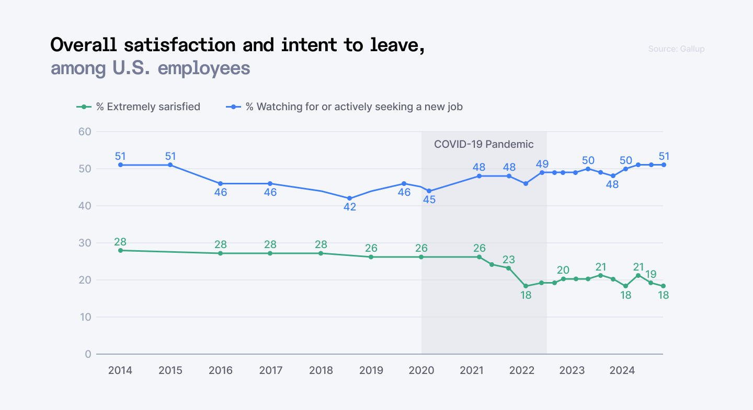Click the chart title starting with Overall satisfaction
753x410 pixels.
pos(237,45)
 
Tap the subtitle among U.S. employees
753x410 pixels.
pos(150,68)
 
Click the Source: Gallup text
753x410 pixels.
pos(676,49)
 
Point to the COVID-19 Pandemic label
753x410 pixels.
pos(484,144)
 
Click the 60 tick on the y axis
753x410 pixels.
pos(85,132)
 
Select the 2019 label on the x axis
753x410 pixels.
pos(371,370)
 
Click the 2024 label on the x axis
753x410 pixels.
pos(622,370)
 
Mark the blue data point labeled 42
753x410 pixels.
pos(350,198)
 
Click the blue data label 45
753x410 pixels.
pos(429,200)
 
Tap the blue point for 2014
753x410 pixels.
pos(120,165)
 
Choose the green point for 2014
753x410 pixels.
pos(120,250)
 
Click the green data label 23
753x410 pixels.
pos(509,259)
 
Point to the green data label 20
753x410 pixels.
pos(563,270)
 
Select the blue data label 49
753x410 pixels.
pos(542,164)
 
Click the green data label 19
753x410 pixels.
pos(651,274)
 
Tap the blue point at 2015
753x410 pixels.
pos(170,165)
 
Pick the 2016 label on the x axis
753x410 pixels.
pos(220,370)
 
